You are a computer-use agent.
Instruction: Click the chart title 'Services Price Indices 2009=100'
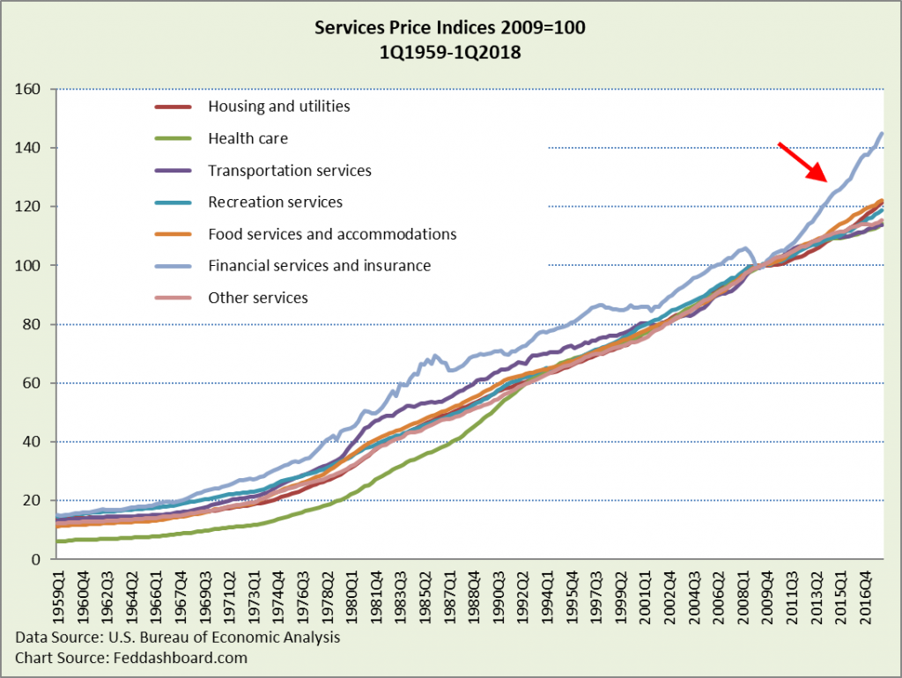point(450,28)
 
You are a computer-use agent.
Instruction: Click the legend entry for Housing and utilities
point(278,107)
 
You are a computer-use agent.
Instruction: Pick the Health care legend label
point(248,138)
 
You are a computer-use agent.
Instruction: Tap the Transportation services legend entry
point(289,170)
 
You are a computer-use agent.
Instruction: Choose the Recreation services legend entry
point(275,202)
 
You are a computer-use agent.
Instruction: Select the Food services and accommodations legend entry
point(332,234)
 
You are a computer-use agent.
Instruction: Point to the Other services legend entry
point(257,298)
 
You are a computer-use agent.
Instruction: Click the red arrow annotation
point(802,162)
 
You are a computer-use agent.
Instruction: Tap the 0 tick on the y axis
point(39,559)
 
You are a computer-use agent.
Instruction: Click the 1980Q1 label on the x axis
point(351,596)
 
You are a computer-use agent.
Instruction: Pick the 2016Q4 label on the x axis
point(864,596)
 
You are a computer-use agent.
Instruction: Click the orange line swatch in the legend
point(175,234)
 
